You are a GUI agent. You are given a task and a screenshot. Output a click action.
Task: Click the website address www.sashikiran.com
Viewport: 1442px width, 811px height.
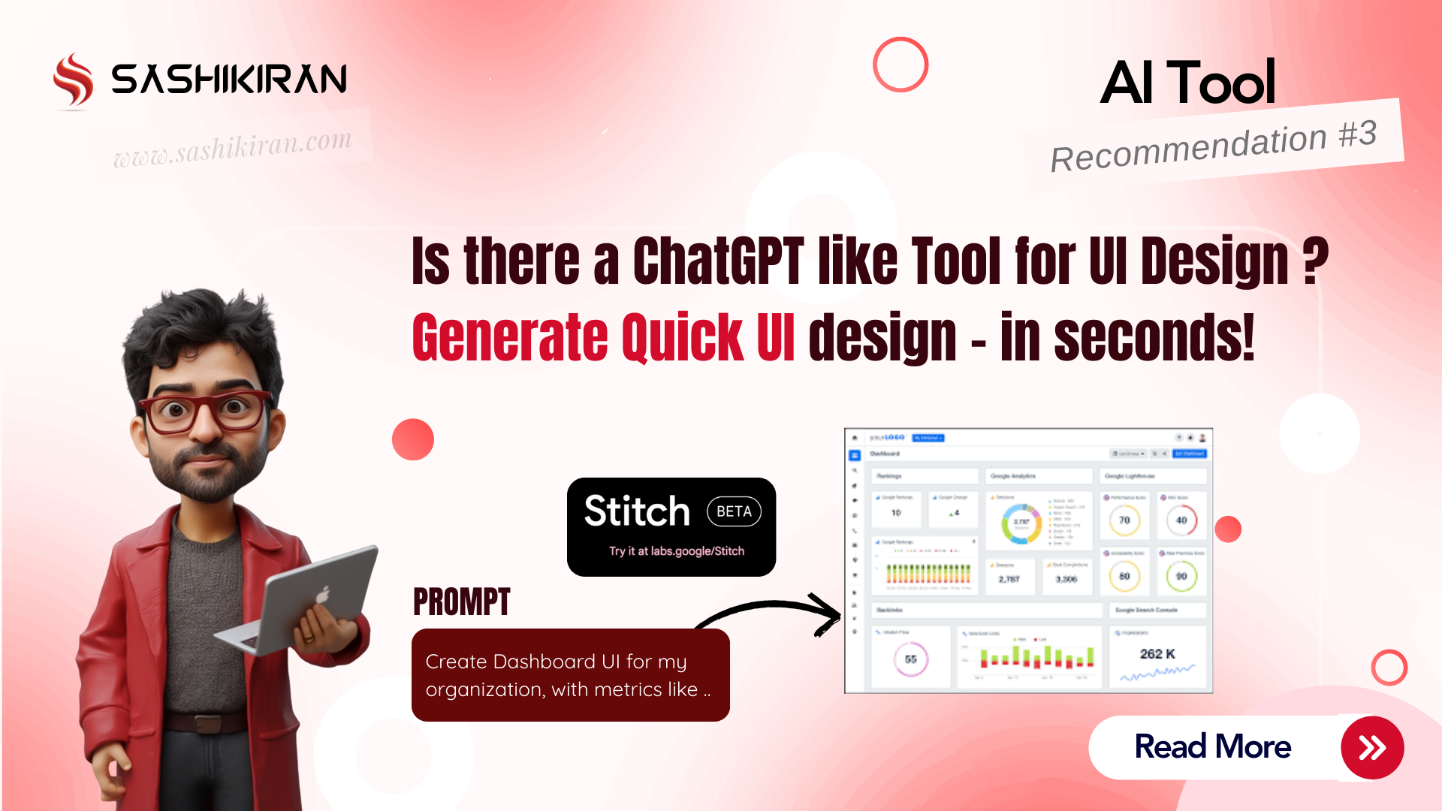pos(232,148)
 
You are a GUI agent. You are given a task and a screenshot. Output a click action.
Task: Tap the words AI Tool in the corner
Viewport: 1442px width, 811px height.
pos(1187,83)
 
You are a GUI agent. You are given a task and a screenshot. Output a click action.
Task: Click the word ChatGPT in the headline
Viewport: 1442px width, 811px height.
pos(718,261)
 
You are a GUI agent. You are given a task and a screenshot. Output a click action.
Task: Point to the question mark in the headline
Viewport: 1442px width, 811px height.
pos(1315,261)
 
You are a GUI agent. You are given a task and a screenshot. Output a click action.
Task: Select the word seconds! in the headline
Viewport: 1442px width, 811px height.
pos(1154,338)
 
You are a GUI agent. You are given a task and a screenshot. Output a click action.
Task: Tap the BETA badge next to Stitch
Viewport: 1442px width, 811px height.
pos(734,511)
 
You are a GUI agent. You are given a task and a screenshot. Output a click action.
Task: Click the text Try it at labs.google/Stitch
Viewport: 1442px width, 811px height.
pos(676,551)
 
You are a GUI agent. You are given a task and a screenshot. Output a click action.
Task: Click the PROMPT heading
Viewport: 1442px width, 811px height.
pos(461,602)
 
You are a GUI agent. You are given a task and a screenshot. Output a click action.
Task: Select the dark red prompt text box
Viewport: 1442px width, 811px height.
pos(570,675)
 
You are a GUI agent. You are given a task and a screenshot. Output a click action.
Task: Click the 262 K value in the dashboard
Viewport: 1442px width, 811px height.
pos(1157,654)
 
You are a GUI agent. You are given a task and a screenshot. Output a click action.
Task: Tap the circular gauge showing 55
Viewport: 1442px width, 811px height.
pos(910,659)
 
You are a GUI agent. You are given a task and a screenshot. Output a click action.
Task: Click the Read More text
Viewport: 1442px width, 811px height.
pos(1212,747)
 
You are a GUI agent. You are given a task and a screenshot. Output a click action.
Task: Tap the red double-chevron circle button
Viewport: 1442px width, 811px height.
pos(1372,748)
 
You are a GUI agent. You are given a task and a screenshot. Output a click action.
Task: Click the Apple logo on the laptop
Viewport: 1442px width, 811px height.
pos(323,595)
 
